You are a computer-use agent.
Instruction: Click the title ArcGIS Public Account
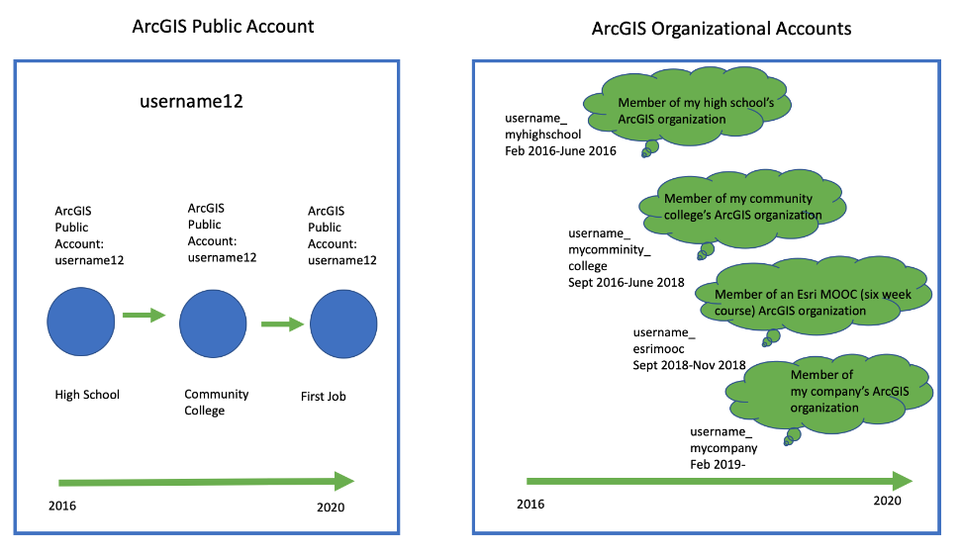[x=223, y=27]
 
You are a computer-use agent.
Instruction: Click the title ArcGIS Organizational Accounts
[x=721, y=29]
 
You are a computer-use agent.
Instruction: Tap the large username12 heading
[x=191, y=101]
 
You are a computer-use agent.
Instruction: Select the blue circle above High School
[x=81, y=322]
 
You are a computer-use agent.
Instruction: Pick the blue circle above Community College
[x=213, y=324]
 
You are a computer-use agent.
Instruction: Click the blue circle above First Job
[x=343, y=324]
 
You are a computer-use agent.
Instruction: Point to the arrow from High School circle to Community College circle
[x=144, y=316]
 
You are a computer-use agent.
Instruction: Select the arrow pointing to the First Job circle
[x=283, y=324]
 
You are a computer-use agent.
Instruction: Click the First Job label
[x=324, y=396]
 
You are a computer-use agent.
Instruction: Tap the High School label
[x=87, y=395]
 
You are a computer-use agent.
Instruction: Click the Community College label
[x=216, y=403]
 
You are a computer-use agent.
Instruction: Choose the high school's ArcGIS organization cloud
[x=687, y=108]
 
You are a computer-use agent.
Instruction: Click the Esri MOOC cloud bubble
[x=813, y=299]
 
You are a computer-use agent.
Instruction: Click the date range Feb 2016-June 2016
[x=561, y=150]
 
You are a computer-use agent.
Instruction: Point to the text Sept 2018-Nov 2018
[x=689, y=365]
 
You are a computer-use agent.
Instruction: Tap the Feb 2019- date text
[x=718, y=464]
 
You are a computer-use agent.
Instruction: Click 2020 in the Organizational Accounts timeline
[x=887, y=501]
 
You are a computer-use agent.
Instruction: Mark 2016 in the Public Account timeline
[x=62, y=506]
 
